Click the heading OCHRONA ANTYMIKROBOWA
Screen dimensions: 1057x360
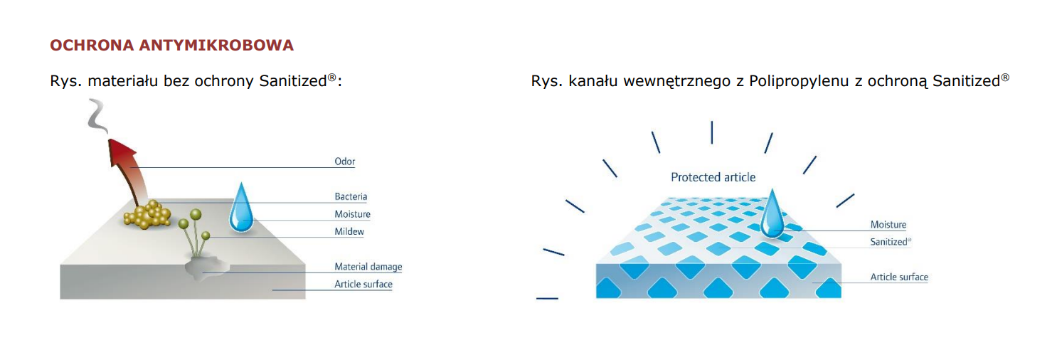click(171, 46)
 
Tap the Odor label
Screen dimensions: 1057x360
click(344, 162)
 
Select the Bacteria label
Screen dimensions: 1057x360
click(351, 196)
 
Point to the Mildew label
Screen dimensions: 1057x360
click(349, 231)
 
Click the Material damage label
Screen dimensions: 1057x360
click(368, 267)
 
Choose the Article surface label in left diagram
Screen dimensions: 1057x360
click(363, 284)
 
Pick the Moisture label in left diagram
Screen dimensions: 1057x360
click(353, 213)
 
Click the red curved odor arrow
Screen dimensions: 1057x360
click(127, 167)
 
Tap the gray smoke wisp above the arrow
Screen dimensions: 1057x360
click(97, 115)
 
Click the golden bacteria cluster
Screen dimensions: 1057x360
click(147, 215)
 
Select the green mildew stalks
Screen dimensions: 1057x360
click(194, 233)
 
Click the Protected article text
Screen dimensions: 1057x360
click(713, 177)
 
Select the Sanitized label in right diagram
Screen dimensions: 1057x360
click(890, 242)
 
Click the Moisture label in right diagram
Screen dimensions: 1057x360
click(888, 225)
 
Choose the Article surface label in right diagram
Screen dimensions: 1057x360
click(899, 277)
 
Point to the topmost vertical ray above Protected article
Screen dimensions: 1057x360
click(711, 132)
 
